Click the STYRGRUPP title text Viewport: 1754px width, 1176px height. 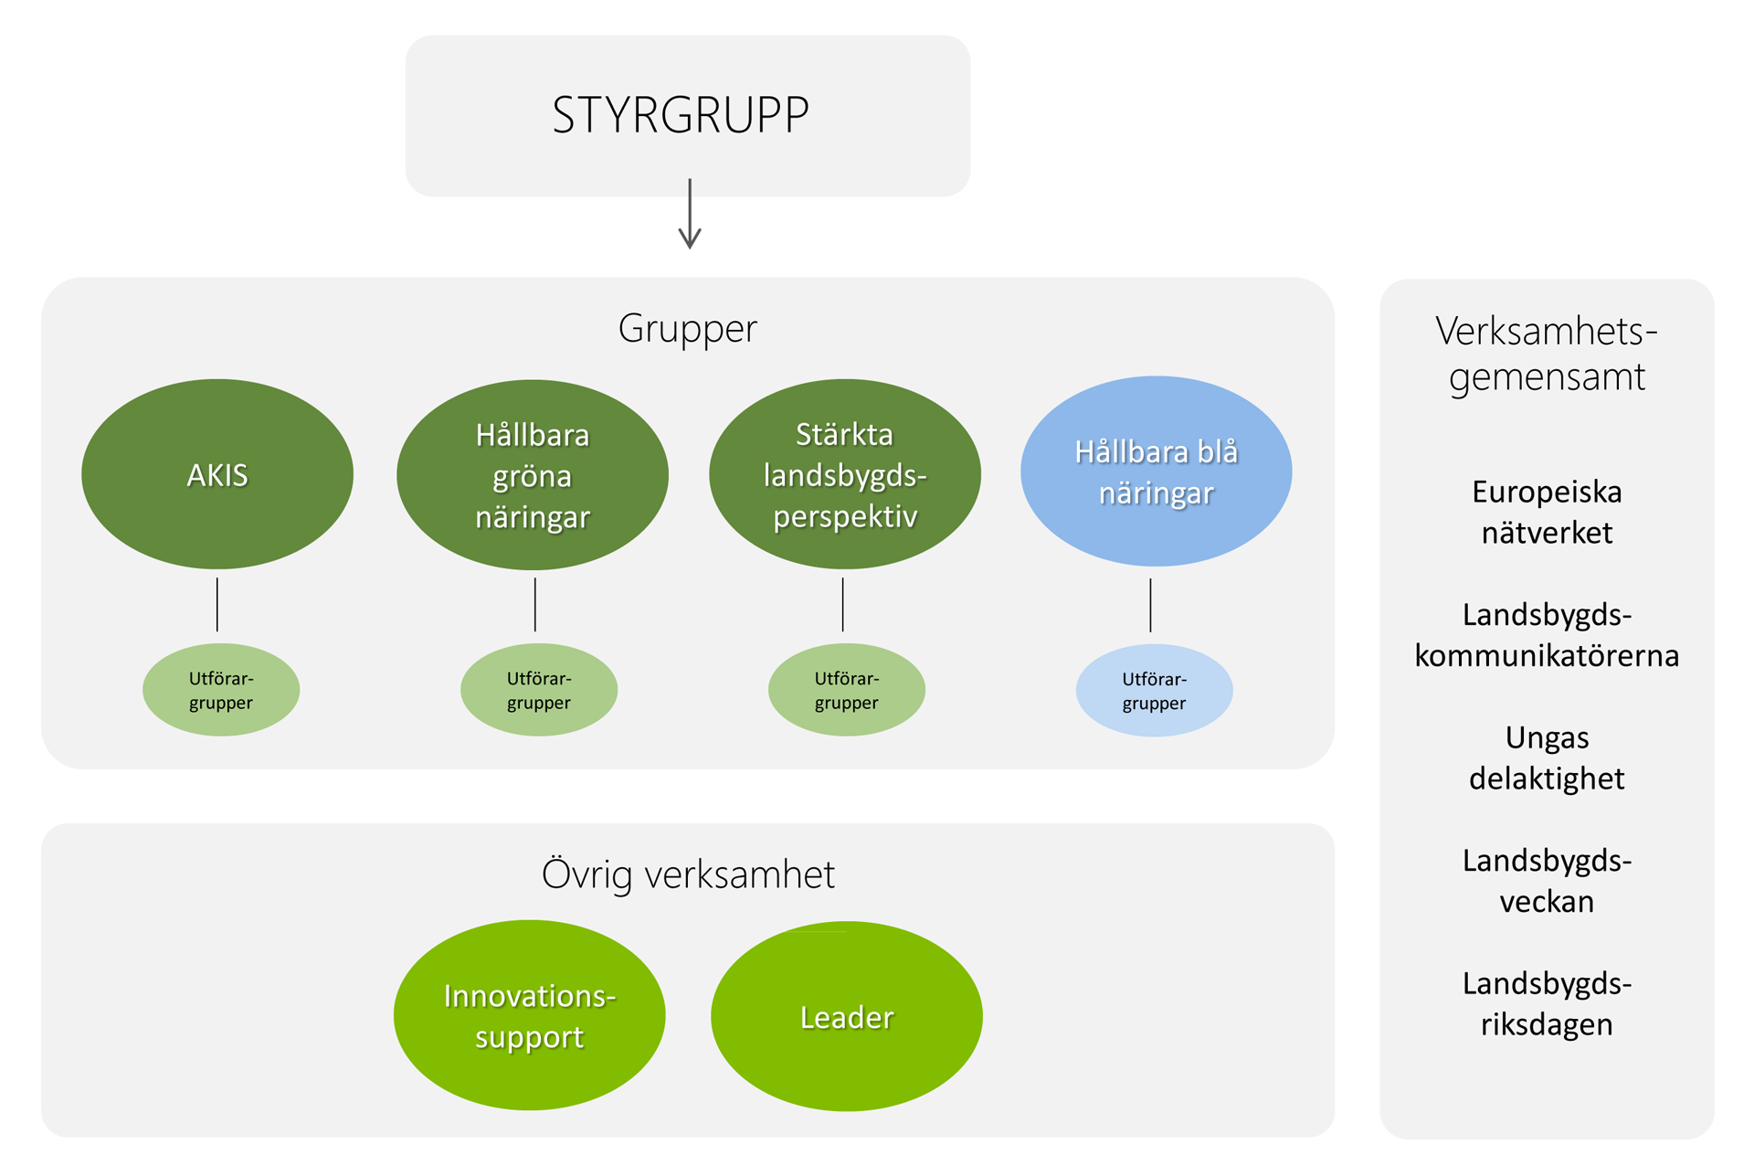[681, 115]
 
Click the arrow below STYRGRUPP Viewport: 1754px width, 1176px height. [690, 215]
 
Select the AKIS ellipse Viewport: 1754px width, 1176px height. [217, 474]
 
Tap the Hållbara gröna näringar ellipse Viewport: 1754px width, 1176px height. [533, 475]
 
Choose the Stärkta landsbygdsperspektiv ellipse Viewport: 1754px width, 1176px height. [845, 474]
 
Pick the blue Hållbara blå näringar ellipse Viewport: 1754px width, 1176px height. [1156, 471]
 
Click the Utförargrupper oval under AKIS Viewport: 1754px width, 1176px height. [221, 690]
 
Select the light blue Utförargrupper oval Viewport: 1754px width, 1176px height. [1154, 691]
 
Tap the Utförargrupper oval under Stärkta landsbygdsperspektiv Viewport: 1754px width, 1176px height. [846, 690]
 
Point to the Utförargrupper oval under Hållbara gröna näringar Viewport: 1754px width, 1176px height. [539, 690]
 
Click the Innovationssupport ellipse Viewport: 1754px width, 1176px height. [530, 1015]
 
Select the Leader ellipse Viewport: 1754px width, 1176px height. [846, 1016]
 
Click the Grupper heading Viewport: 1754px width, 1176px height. [688, 328]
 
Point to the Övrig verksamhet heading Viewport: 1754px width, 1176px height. [688, 874]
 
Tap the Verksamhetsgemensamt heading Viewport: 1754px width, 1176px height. [1547, 354]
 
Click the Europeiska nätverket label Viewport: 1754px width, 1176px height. [1547, 512]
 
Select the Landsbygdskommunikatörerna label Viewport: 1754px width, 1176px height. [1547, 635]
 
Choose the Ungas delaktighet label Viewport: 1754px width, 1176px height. [1547, 758]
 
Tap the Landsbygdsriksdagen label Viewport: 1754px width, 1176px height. [1547, 1003]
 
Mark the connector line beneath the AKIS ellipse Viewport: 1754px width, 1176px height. [217, 604]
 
